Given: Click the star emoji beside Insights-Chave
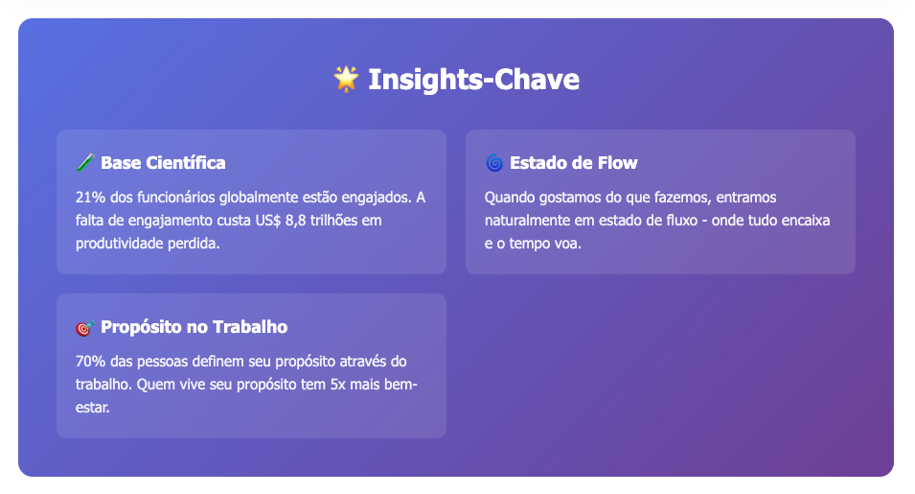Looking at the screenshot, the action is point(346,79).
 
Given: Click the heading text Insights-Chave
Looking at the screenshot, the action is point(474,80).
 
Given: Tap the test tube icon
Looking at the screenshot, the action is point(85,163).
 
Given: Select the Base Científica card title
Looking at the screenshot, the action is point(163,163).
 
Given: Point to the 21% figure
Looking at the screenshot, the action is point(90,198).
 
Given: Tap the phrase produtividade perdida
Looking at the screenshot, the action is point(148,244).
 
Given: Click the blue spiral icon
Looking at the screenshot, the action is point(494,163).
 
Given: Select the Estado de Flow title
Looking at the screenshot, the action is point(574,163).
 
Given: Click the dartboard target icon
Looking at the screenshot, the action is point(85,328).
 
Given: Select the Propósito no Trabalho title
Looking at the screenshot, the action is point(194,327).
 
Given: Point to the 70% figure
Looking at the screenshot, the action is point(90,362).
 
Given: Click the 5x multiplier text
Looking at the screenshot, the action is point(338,385).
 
